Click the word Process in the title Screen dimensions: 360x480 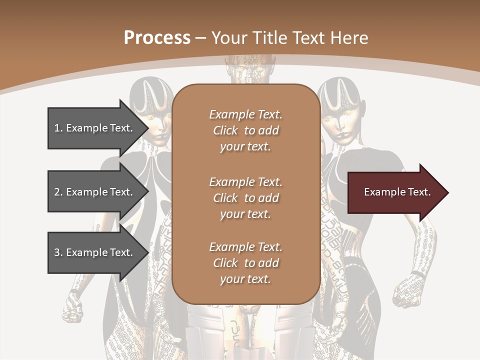[x=157, y=38]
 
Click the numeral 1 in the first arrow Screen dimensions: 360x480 [x=57, y=128]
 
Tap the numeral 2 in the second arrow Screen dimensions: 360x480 [x=57, y=192]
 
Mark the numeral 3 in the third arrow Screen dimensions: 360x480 [x=57, y=252]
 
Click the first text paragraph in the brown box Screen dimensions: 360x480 [x=245, y=130]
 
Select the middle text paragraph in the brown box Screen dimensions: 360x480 [x=245, y=197]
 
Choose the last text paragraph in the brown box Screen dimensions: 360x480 [x=245, y=263]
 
